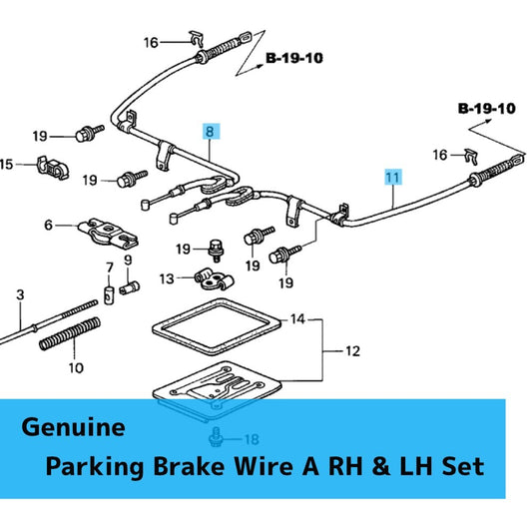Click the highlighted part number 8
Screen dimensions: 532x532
(210, 131)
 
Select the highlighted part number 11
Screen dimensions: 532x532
(393, 177)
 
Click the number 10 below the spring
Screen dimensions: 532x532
(77, 367)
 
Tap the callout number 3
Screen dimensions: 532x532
(19, 295)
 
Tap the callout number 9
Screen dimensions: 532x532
(128, 261)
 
